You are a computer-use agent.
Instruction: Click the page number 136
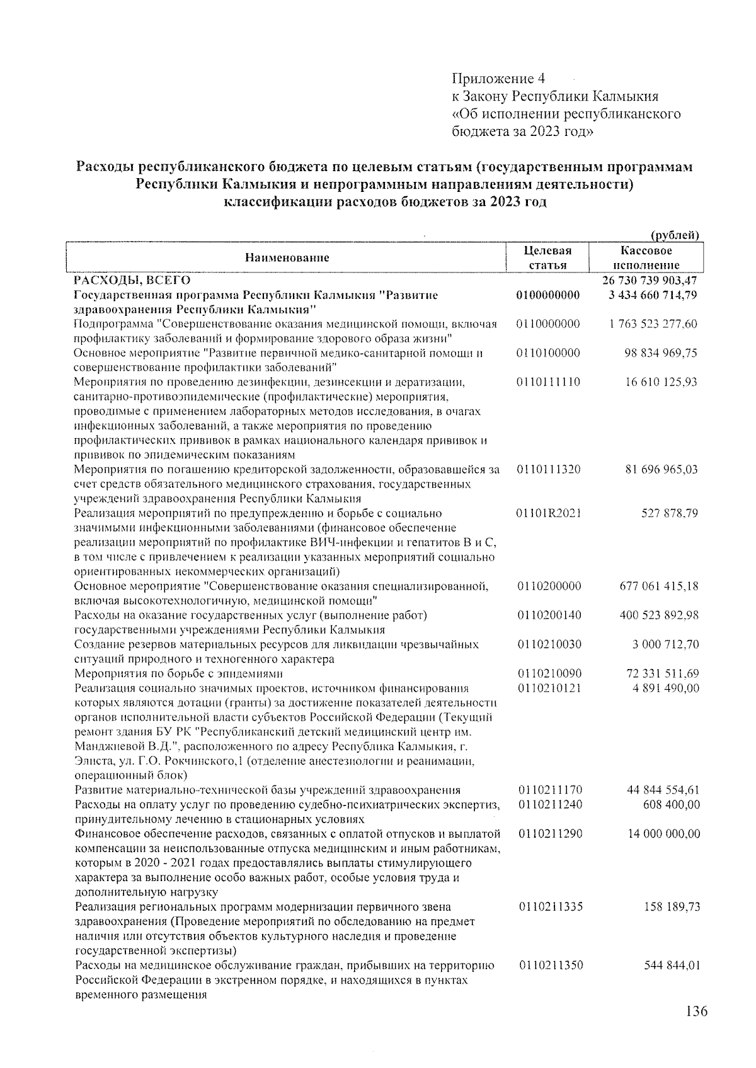click(696, 1011)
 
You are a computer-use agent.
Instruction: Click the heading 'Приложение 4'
click(498, 79)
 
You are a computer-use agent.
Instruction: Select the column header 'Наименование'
click(287, 257)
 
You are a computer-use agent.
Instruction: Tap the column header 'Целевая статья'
click(547, 257)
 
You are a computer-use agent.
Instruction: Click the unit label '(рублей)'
click(675, 235)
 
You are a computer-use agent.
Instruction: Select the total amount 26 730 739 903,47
click(650, 280)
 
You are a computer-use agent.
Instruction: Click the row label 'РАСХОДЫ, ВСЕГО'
click(132, 280)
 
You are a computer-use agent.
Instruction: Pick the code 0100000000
click(547, 295)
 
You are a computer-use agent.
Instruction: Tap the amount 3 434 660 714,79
click(653, 295)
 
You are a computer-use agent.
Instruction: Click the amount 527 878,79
click(670, 513)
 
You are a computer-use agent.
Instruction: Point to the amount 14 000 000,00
click(663, 834)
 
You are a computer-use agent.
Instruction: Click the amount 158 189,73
click(670, 907)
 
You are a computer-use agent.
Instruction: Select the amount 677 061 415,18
click(659, 586)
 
